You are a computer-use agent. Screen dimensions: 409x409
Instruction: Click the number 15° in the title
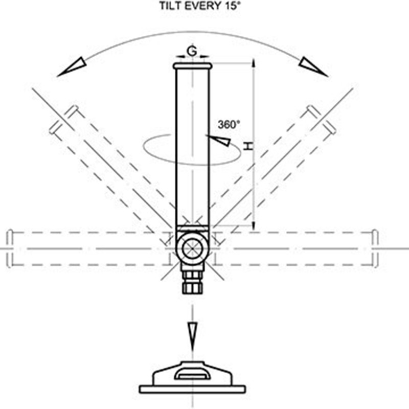coord(231,6)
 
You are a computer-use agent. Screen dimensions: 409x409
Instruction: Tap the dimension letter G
coord(192,52)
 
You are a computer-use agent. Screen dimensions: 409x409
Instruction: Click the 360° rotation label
coord(229,124)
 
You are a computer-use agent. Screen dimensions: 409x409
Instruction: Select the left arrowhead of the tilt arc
coord(72,67)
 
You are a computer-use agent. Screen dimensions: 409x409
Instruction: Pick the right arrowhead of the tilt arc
coord(313,67)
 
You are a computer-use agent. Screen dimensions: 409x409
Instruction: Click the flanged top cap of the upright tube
coord(193,66)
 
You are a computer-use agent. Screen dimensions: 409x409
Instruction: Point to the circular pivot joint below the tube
coord(193,248)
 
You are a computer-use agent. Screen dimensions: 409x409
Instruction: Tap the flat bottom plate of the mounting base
coord(192,389)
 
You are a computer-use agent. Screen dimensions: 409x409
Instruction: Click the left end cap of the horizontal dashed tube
coord(10,248)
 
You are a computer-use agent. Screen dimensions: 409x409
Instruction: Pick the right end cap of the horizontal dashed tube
coord(375,248)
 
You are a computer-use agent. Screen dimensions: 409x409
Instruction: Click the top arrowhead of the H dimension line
coord(254,63)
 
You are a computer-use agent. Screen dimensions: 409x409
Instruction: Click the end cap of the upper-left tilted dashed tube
coord(64,120)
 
